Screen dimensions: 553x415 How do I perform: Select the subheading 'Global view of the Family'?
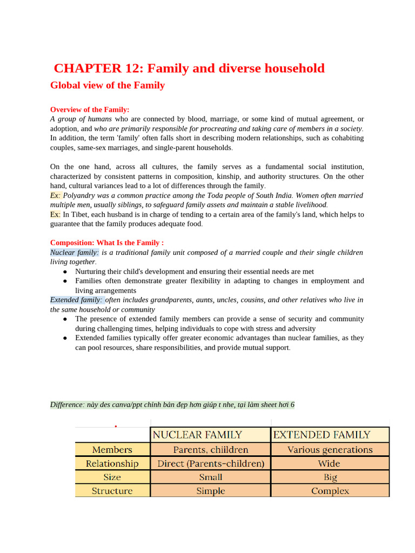(x=107, y=85)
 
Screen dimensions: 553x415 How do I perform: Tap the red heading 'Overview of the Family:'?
(x=90, y=109)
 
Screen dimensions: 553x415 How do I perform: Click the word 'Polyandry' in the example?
(x=81, y=195)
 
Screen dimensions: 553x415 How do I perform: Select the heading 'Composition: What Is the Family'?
(x=106, y=242)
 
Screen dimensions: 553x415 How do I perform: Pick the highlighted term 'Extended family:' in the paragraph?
(x=76, y=300)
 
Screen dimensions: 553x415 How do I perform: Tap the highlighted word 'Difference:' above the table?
(x=68, y=404)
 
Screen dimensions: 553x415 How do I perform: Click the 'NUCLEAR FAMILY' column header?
(x=197, y=435)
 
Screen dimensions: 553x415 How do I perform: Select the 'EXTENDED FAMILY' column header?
(x=322, y=435)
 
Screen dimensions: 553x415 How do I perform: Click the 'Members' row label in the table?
(x=112, y=449)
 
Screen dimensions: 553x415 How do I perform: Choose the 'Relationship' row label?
(x=112, y=463)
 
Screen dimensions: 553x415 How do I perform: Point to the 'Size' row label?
(x=112, y=477)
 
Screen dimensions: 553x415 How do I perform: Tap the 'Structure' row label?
(x=112, y=491)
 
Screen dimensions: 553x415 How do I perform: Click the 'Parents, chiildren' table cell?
(x=210, y=449)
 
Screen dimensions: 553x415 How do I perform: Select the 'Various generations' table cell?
(x=330, y=449)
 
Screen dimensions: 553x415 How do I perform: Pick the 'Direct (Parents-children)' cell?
(x=210, y=463)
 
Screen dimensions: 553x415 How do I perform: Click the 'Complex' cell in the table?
(x=330, y=491)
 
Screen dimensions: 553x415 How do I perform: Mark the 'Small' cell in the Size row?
(x=210, y=477)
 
